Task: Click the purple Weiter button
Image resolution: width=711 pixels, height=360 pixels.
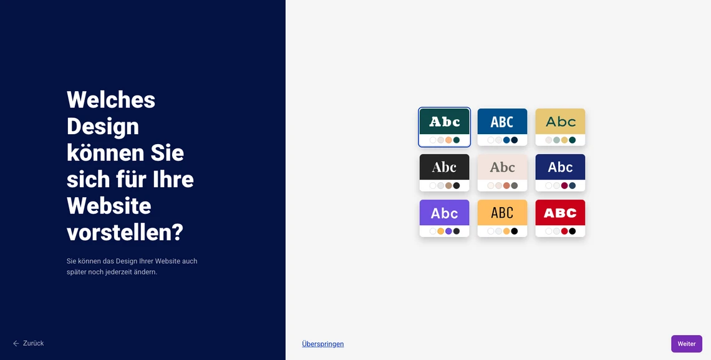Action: (x=687, y=344)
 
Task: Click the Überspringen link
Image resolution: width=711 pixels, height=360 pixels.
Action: (x=323, y=344)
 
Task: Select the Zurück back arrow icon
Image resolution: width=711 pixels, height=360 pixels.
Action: (x=16, y=343)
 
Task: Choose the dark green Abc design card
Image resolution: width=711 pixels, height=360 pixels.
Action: (x=444, y=127)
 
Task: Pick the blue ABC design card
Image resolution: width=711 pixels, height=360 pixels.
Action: (x=503, y=127)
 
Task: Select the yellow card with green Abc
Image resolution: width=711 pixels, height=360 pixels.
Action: (x=561, y=127)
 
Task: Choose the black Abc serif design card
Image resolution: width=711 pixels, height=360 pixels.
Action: (x=444, y=173)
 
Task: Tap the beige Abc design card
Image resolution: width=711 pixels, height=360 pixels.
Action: (x=503, y=173)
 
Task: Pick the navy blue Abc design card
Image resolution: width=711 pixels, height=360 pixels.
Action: (x=561, y=173)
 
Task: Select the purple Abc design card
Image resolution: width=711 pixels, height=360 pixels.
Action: (x=444, y=218)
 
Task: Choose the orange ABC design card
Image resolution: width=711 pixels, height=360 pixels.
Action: (x=503, y=218)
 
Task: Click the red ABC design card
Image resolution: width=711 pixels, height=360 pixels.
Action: (x=561, y=218)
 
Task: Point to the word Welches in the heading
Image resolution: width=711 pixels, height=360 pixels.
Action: (x=111, y=99)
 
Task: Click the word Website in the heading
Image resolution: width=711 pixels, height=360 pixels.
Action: (x=109, y=207)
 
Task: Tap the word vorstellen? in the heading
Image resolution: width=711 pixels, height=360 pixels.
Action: (x=125, y=233)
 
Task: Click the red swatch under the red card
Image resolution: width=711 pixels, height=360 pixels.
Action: (x=564, y=231)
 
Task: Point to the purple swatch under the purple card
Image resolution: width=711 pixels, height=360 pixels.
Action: (x=448, y=231)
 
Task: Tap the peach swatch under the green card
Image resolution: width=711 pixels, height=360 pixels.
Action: (x=448, y=140)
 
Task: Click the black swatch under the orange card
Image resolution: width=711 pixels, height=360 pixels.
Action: (x=514, y=231)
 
